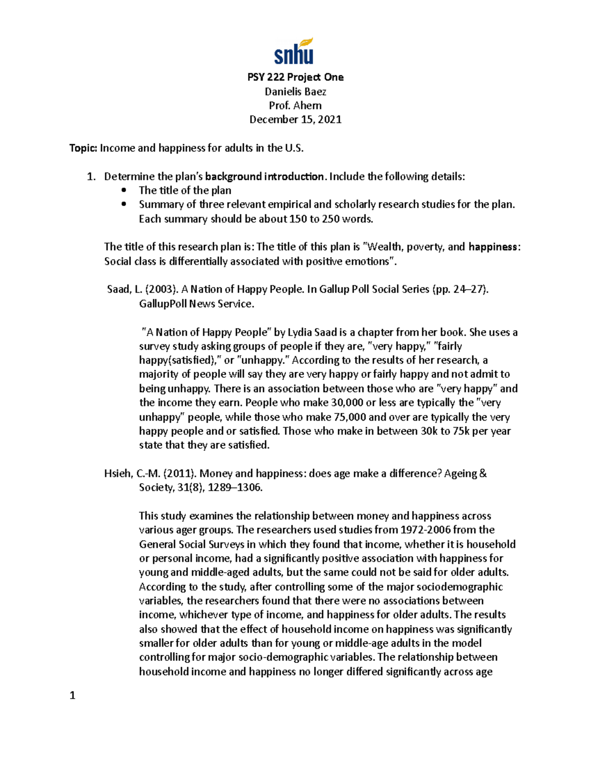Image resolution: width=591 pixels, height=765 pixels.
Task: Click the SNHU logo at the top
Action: pyautogui.click(x=294, y=52)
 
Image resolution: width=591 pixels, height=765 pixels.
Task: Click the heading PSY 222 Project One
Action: pyautogui.click(x=295, y=77)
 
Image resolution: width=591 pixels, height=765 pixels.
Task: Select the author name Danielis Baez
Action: pyautogui.click(x=295, y=92)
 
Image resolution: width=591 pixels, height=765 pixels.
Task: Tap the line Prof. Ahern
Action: pyautogui.click(x=295, y=105)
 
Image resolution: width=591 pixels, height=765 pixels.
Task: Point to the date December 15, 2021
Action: pyautogui.click(x=295, y=120)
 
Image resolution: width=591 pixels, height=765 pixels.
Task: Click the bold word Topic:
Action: pyautogui.click(x=84, y=148)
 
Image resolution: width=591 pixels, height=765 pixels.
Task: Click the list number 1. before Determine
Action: pyautogui.click(x=91, y=177)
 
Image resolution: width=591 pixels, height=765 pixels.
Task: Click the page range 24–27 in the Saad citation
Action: pyautogui.click(x=469, y=290)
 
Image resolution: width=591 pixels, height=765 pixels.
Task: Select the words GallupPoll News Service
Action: pyautogui.click(x=197, y=304)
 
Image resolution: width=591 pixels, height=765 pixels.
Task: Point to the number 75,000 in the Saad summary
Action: pyautogui.click(x=350, y=417)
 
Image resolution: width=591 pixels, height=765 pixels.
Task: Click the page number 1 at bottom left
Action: pyautogui.click(x=72, y=696)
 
